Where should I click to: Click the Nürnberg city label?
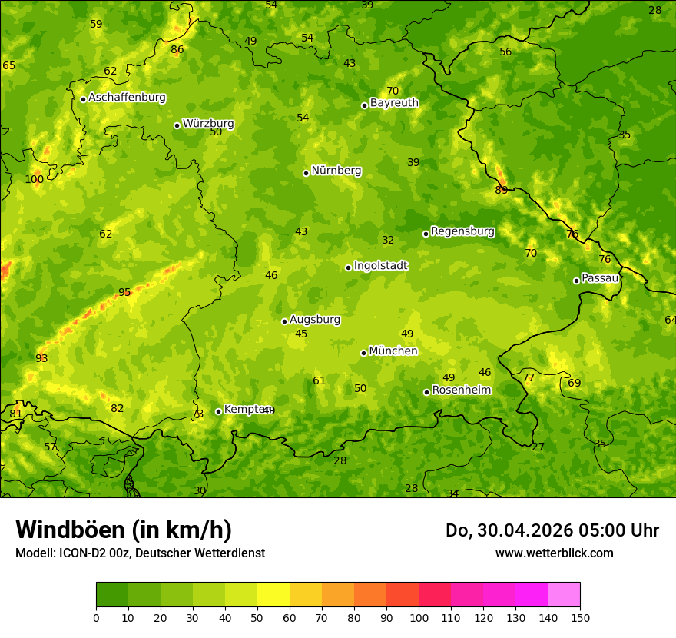point(336,171)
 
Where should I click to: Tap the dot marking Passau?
point(576,281)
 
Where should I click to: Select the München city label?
point(393,351)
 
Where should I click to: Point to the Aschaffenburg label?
point(127,98)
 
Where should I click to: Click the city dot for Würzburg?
point(177,125)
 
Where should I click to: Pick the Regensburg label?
point(462,231)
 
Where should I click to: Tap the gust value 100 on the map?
point(34,180)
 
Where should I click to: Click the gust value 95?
point(124,293)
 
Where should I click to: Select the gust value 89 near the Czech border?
point(501,190)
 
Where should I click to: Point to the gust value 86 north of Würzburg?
point(177,50)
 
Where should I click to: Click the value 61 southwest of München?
point(320,381)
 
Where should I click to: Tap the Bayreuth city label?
point(394,103)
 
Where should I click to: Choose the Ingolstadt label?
point(380,266)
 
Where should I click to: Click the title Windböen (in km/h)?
point(124,530)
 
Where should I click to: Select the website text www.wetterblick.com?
point(554,553)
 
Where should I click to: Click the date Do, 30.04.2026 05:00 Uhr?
point(552,530)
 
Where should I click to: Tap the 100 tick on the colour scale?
point(419,617)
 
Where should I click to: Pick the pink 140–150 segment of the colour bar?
point(564,594)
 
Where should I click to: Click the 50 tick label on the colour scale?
point(257,617)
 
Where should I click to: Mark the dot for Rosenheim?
point(426,392)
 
